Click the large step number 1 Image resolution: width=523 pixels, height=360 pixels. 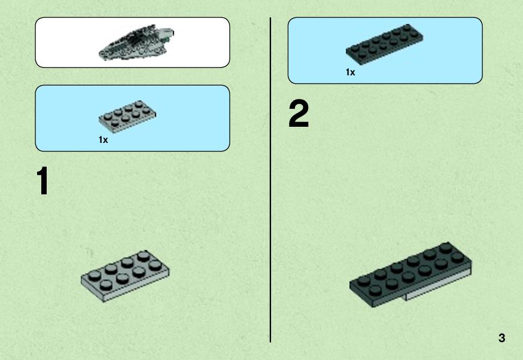tap(42, 181)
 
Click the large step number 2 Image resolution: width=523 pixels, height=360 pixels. tap(299, 114)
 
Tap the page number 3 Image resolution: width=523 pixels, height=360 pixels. tap(501, 338)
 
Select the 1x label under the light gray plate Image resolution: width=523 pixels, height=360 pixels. tap(103, 140)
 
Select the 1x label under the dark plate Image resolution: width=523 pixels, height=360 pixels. tap(350, 72)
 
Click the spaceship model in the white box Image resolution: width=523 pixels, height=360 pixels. tap(136, 42)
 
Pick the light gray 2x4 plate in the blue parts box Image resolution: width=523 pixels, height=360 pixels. tap(127, 117)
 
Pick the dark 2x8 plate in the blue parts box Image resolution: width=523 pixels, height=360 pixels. tap(384, 43)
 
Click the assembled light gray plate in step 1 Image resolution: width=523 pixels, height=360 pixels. tap(125, 276)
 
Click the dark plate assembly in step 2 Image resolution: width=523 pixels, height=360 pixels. tap(411, 274)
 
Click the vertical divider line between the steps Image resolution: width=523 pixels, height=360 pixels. tap(270, 180)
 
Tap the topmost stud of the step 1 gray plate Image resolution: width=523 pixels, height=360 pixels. tap(143, 256)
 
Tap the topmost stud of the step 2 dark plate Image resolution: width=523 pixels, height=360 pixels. tap(445, 248)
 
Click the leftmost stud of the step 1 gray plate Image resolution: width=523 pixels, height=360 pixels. tap(95, 274)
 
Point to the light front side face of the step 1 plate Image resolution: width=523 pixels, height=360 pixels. tap(136, 285)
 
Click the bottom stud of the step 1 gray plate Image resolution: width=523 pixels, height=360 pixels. tap(106, 285)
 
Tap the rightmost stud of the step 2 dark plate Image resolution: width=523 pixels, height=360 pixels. tap(458, 257)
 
